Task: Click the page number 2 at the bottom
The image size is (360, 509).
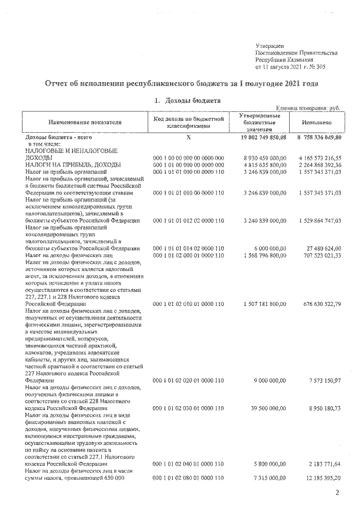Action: (x=336, y=493)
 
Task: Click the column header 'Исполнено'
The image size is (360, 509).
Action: (x=316, y=122)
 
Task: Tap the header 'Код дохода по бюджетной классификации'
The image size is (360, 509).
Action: (x=188, y=122)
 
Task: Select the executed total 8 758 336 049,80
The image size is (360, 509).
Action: (x=316, y=137)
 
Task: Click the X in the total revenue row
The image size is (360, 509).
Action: (x=188, y=137)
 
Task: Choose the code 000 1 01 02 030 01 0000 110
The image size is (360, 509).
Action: (x=188, y=408)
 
